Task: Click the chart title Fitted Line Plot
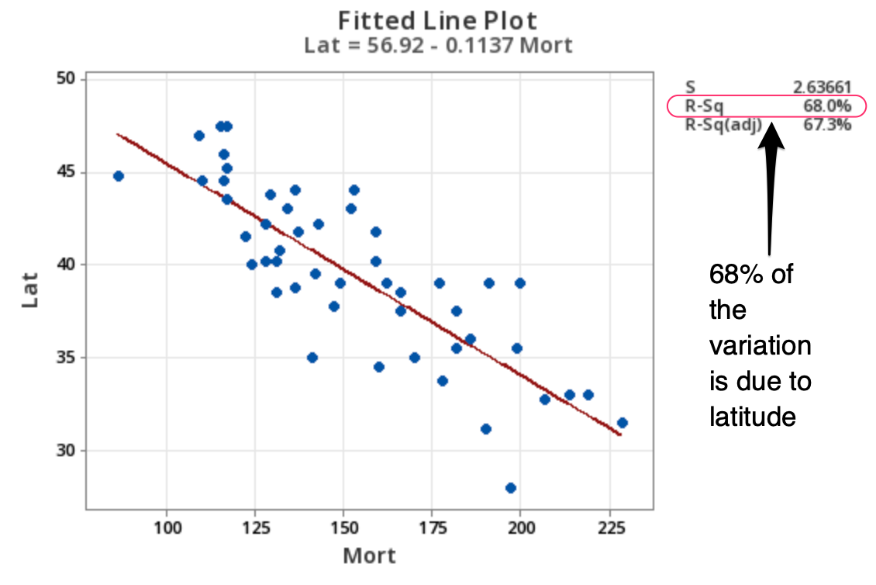pyautogui.click(x=437, y=20)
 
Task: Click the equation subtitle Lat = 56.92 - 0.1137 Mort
pyautogui.click(x=437, y=45)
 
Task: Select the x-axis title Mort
pyautogui.click(x=369, y=556)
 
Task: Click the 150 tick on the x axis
pyautogui.click(x=343, y=528)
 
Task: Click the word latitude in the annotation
pyautogui.click(x=752, y=417)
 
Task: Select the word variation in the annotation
pyautogui.click(x=760, y=345)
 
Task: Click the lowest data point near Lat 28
pyautogui.click(x=510, y=488)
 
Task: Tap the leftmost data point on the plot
pyautogui.click(x=119, y=176)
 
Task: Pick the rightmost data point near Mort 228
pyautogui.click(x=622, y=423)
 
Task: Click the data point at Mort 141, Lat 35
pyautogui.click(x=312, y=358)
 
